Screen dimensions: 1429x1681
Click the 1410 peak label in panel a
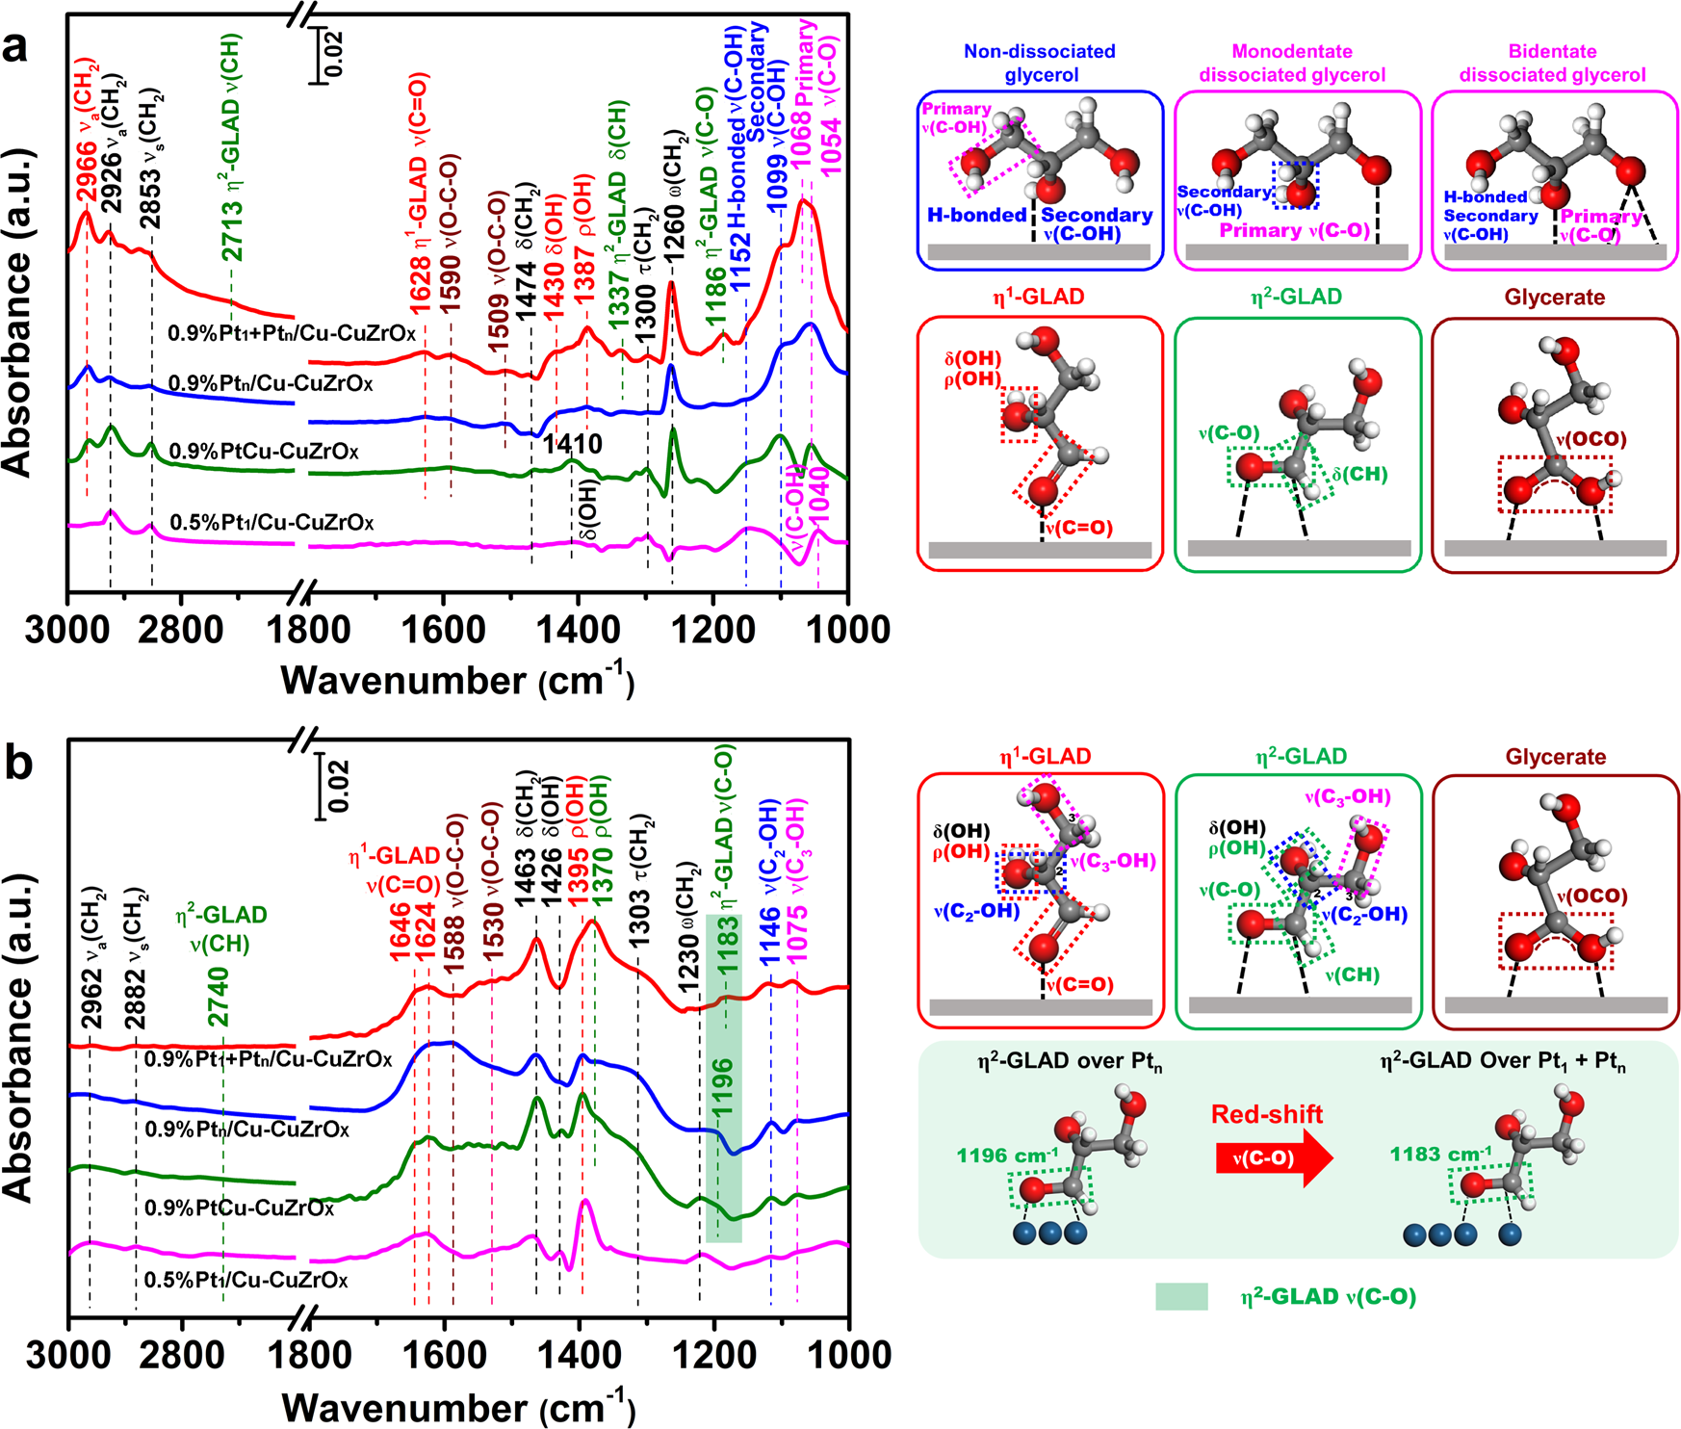[x=572, y=444]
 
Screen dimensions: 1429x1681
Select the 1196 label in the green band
[x=722, y=1086]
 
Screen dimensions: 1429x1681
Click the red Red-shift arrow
[x=1274, y=1157]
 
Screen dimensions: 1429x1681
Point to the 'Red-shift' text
[x=1266, y=1114]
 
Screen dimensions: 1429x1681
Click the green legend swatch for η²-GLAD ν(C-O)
[x=1181, y=1296]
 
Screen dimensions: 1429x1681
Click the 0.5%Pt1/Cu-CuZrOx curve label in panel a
[x=272, y=523]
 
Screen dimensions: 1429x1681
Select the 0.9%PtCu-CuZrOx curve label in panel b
[x=239, y=1208]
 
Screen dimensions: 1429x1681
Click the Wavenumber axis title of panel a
[x=457, y=680]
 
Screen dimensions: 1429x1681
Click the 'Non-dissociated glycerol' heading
[x=1039, y=63]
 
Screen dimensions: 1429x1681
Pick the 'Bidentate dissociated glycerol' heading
[x=1552, y=63]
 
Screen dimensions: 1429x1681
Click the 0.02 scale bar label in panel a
[x=333, y=54]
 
